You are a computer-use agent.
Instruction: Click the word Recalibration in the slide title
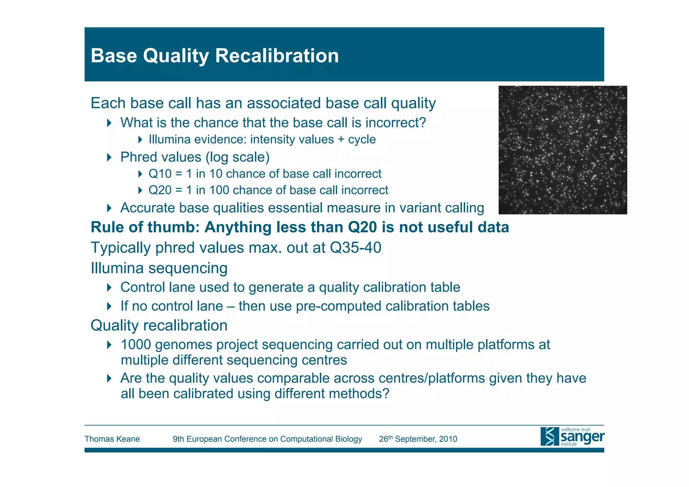(x=277, y=56)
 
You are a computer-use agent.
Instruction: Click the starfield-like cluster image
(x=563, y=150)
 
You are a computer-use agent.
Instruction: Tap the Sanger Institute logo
(x=572, y=437)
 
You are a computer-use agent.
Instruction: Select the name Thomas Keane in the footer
(x=112, y=439)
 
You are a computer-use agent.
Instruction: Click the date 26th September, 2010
(x=418, y=439)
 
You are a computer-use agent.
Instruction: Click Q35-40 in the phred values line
(x=355, y=248)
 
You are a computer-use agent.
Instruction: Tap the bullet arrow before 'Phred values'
(x=109, y=157)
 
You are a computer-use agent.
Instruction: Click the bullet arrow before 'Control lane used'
(x=109, y=287)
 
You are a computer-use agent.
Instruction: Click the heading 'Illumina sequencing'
(x=159, y=269)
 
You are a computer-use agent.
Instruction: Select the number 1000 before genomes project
(x=136, y=345)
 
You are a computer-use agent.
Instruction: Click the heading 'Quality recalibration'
(x=159, y=326)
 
